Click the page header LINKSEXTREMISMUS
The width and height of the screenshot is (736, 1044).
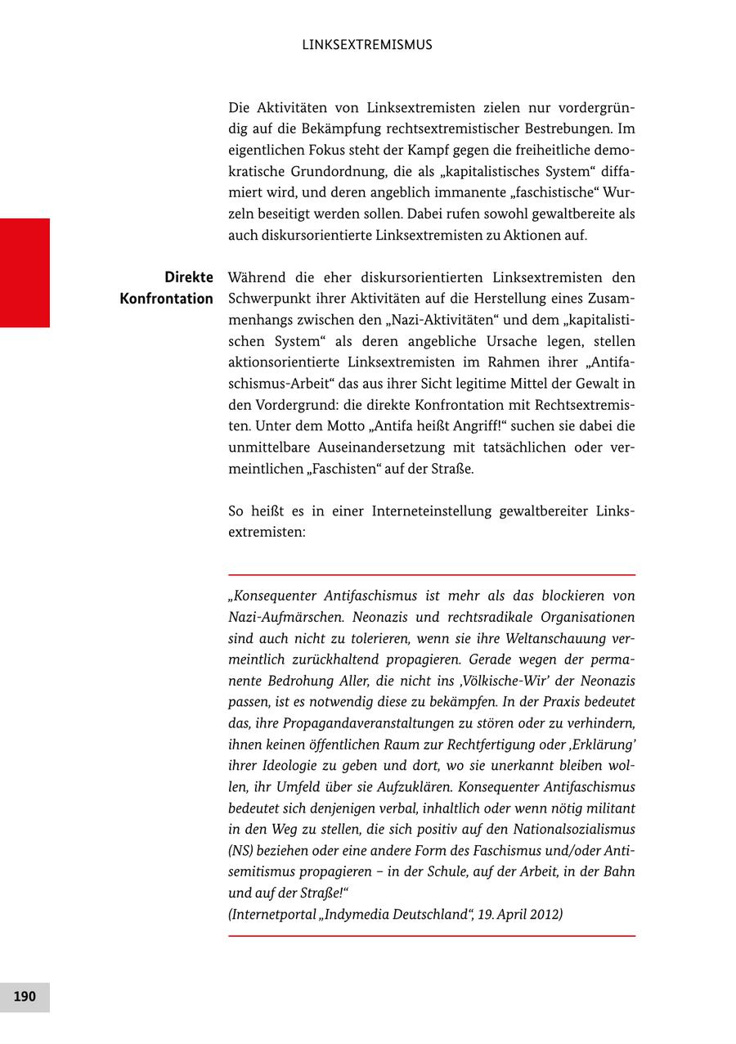click(366, 45)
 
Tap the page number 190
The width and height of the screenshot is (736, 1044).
click(25, 997)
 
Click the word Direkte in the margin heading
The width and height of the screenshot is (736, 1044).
click(188, 277)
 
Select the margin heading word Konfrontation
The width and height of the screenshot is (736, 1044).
click(166, 299)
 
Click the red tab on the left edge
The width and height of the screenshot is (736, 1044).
click(25, 272)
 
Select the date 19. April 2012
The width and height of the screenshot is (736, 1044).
click(520, 914)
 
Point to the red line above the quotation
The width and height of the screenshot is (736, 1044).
click(431, 574)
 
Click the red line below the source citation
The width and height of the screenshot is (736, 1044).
click(431, 936)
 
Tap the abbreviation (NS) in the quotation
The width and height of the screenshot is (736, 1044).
click(242, 850)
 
